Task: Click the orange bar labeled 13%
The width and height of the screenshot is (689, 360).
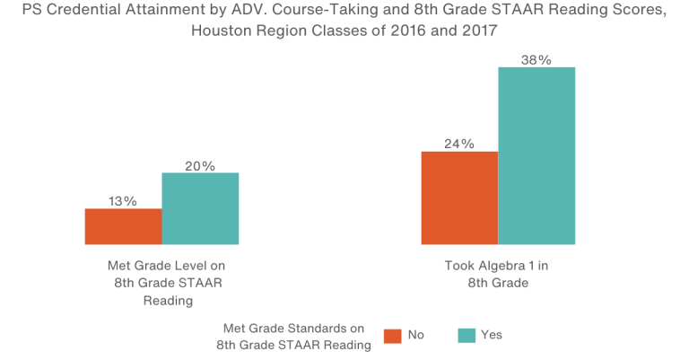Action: pyautogui.click(x=123, y=226)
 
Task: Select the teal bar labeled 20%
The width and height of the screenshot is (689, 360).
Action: pyautogui.click(x=200, y=208)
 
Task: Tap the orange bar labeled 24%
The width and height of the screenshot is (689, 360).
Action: pyautogui.click(x=459, y=198)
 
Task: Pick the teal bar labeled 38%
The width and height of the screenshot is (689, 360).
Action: pyautogui.click(x=536, y=155)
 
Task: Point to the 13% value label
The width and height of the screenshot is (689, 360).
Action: pyautogui.click(x=123, y=201)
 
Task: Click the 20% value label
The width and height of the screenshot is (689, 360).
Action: pyautogui.click(x=200, y=165)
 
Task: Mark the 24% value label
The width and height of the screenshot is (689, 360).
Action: pyautogui.click(x=459, y=144)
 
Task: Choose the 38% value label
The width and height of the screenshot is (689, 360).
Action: pyautogui.click(x=536, y=60)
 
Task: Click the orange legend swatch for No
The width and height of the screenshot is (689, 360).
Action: pyautogui.click(x=392, y=335)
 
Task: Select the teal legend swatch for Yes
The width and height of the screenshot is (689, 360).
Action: pyautogui.click(x=466, y=335)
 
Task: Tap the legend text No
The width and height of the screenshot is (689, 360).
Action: pyautogui.click(x=416, y=335)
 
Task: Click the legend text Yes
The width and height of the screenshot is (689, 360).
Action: pyautogui.click(x=492, y=335)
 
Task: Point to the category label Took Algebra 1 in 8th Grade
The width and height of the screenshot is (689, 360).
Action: pyautogui.click(x=497, y=274)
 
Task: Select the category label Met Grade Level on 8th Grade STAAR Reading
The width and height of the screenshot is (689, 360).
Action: pyautogui.click(x=168, y=283)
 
